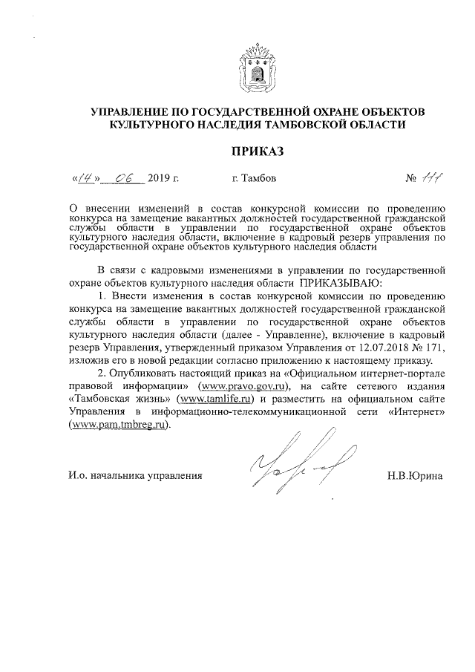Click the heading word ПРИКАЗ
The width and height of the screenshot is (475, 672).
click(258, 151)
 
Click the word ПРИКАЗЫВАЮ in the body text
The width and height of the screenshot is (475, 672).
click(341, 284)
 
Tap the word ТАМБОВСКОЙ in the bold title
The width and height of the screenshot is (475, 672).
click(319, 125)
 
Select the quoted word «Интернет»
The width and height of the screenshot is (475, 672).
click(411, 414)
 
